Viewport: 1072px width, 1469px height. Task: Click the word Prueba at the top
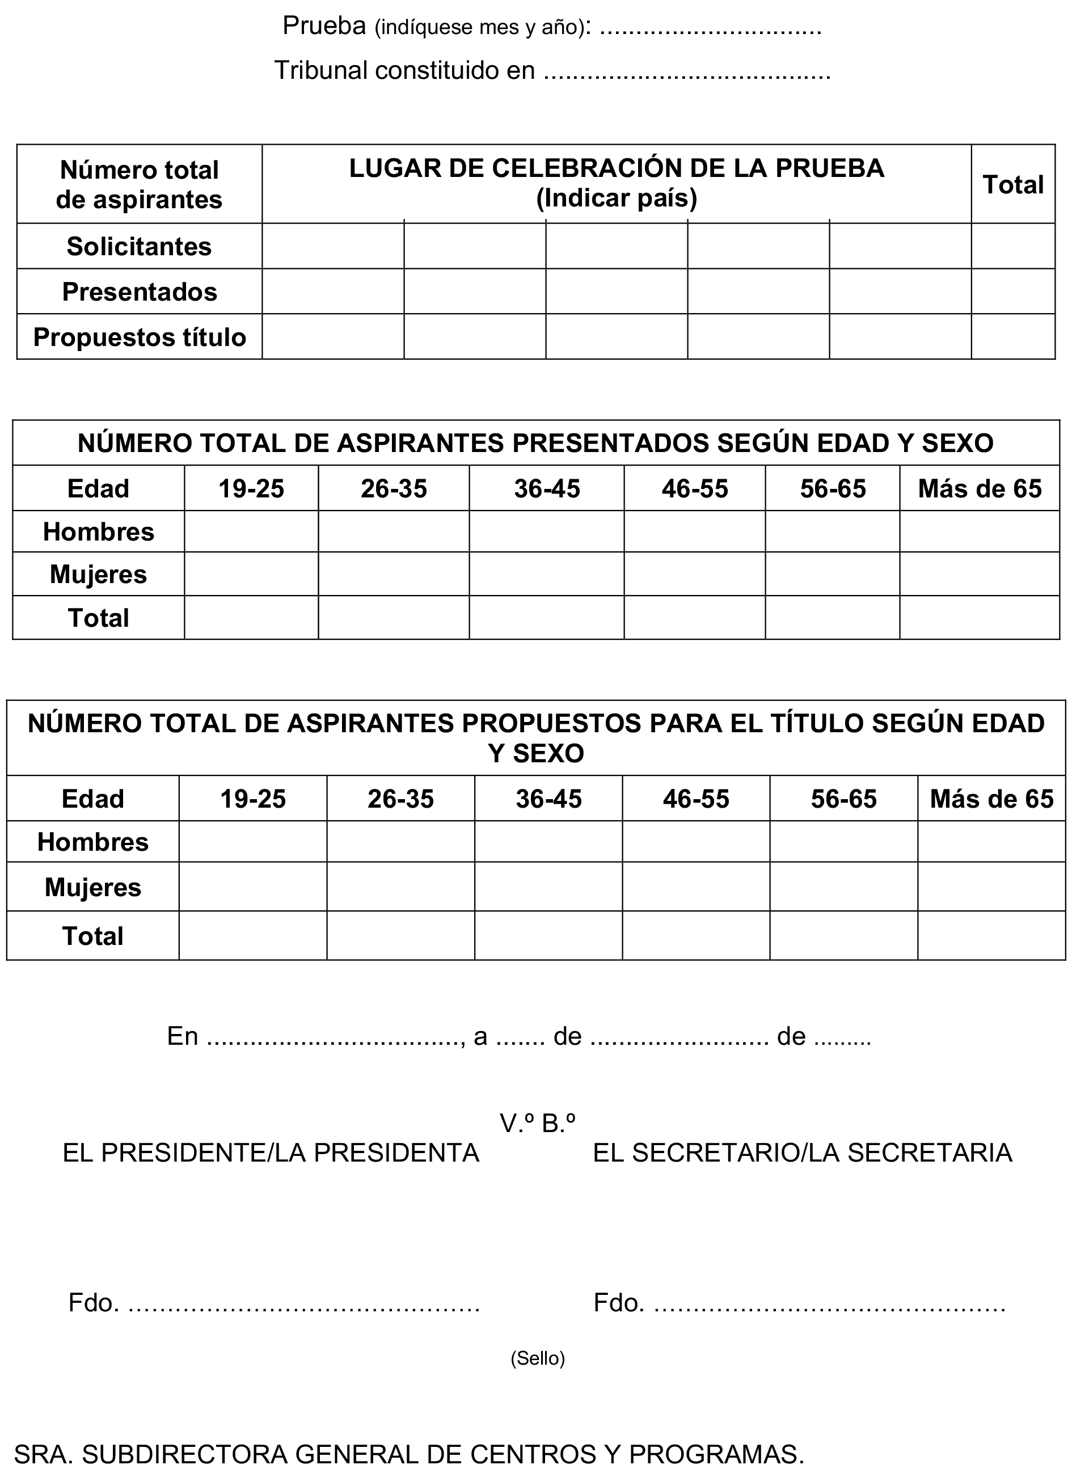point(324,26)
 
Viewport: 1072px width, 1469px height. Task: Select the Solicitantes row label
point(139,247)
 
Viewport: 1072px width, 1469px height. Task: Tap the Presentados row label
point(139,292)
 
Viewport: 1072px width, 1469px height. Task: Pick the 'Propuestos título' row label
point(139,337)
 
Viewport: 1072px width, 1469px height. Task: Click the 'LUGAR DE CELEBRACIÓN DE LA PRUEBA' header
point(617,168)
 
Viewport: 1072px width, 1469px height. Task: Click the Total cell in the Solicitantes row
point(1013,247)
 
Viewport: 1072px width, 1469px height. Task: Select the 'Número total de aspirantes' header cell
point(139,185)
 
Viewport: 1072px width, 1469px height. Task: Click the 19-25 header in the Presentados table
point(251,488)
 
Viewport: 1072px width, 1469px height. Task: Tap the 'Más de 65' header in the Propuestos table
point(991,799)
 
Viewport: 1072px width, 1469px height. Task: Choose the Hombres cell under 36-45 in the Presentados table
point(546,532)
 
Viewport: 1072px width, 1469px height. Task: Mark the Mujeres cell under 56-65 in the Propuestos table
point(843,887)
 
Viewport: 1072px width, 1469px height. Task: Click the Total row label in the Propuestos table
point(93,936)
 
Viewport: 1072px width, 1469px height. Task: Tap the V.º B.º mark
point(537,1123)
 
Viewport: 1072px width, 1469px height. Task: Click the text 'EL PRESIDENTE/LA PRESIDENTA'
point(271,1153)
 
